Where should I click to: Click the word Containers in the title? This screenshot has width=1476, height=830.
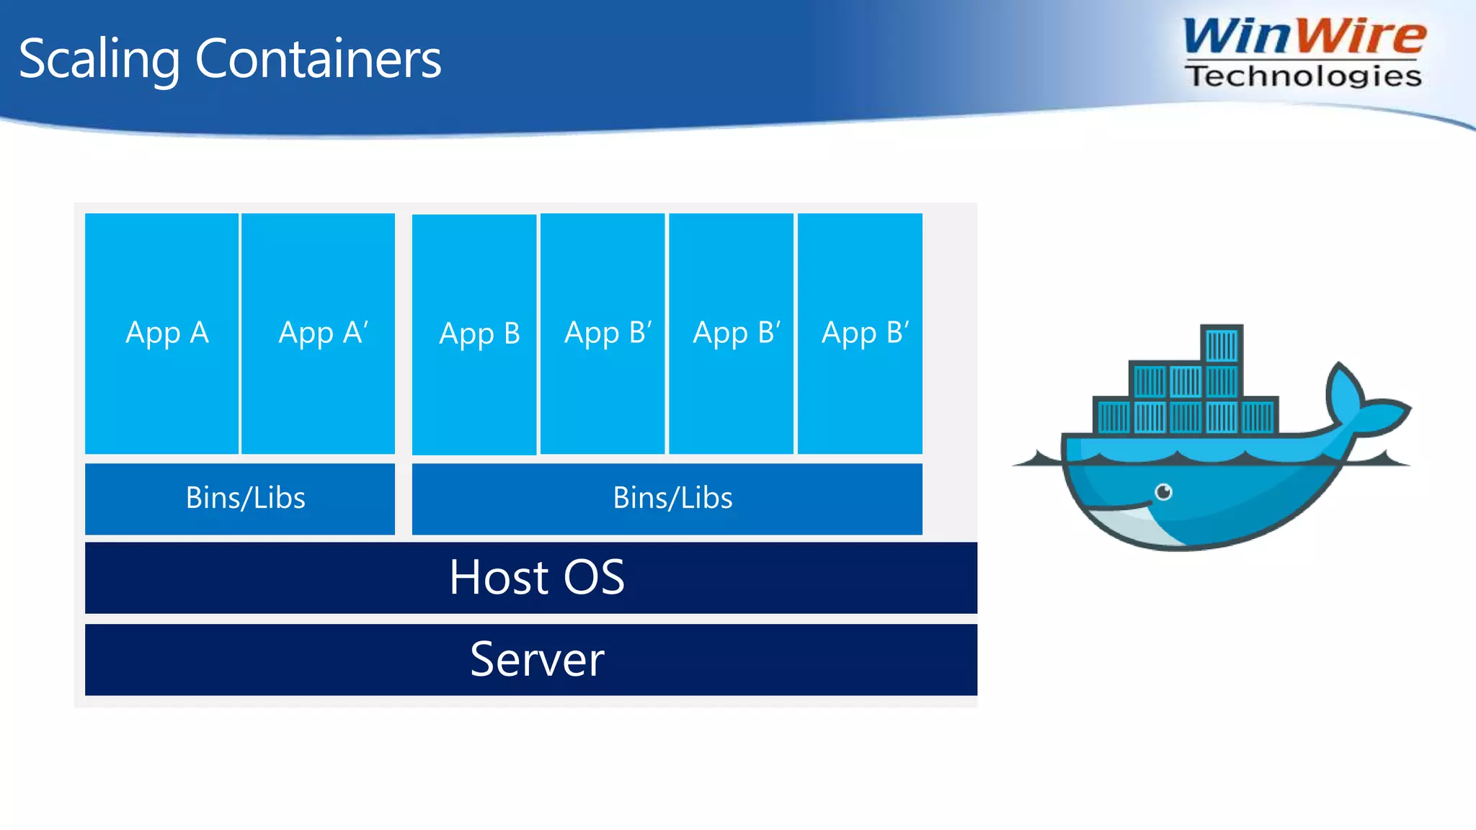pyautogui.click(x=318, y=58)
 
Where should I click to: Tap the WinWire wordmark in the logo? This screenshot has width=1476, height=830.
pyautogui.click(x=1303, y=36)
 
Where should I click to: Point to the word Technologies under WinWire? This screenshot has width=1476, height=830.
pyautogui.click(x=1303, y=76)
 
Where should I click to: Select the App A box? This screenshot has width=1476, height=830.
pyautogui.click(x=161, y=333)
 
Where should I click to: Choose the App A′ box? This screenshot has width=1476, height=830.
pyautogui.click(x=318, y=333)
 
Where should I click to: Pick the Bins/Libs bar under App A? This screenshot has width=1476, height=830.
pyautogui.click(x=240, y=499)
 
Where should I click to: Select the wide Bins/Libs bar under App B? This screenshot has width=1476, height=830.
pyautogui.click(x=667, y=499)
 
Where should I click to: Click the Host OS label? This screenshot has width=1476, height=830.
pyautogui.click(x=537, y=578)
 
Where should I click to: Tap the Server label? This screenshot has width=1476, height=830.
pyautogui.click(x=537, y=659)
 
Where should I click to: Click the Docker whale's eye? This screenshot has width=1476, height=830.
pyautogui.click(x=1163, y=492)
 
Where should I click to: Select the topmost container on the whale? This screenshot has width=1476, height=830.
pyautogui.click(x=1222, y=345)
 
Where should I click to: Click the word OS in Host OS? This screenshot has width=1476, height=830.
pyautogui.click(x=594, y=578)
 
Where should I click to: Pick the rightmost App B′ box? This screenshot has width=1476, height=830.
pyautogui.click(x=860, y=333)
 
